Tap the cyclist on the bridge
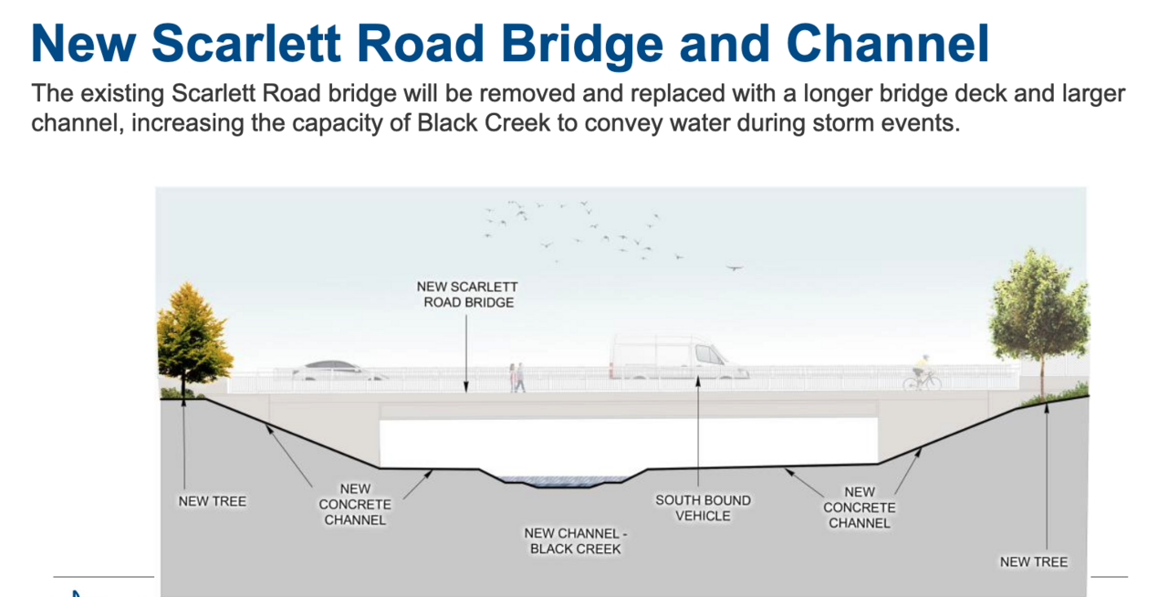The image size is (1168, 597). click(x=922, y=373)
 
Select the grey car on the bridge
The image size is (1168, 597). click(x=338, y=371)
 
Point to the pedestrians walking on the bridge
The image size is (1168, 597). click(x=517, y=377)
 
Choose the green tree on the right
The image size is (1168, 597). click(x=1038, y=310)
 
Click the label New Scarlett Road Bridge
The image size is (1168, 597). click(x=467, y=294)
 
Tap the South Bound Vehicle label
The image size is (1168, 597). click(x=703, y=508)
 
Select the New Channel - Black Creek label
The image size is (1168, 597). click(x=575, y=540)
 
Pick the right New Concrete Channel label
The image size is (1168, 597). click(x=859, y=507)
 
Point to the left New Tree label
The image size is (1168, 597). click(x=212, y=501)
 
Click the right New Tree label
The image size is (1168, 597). click(x=1033, y=561)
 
